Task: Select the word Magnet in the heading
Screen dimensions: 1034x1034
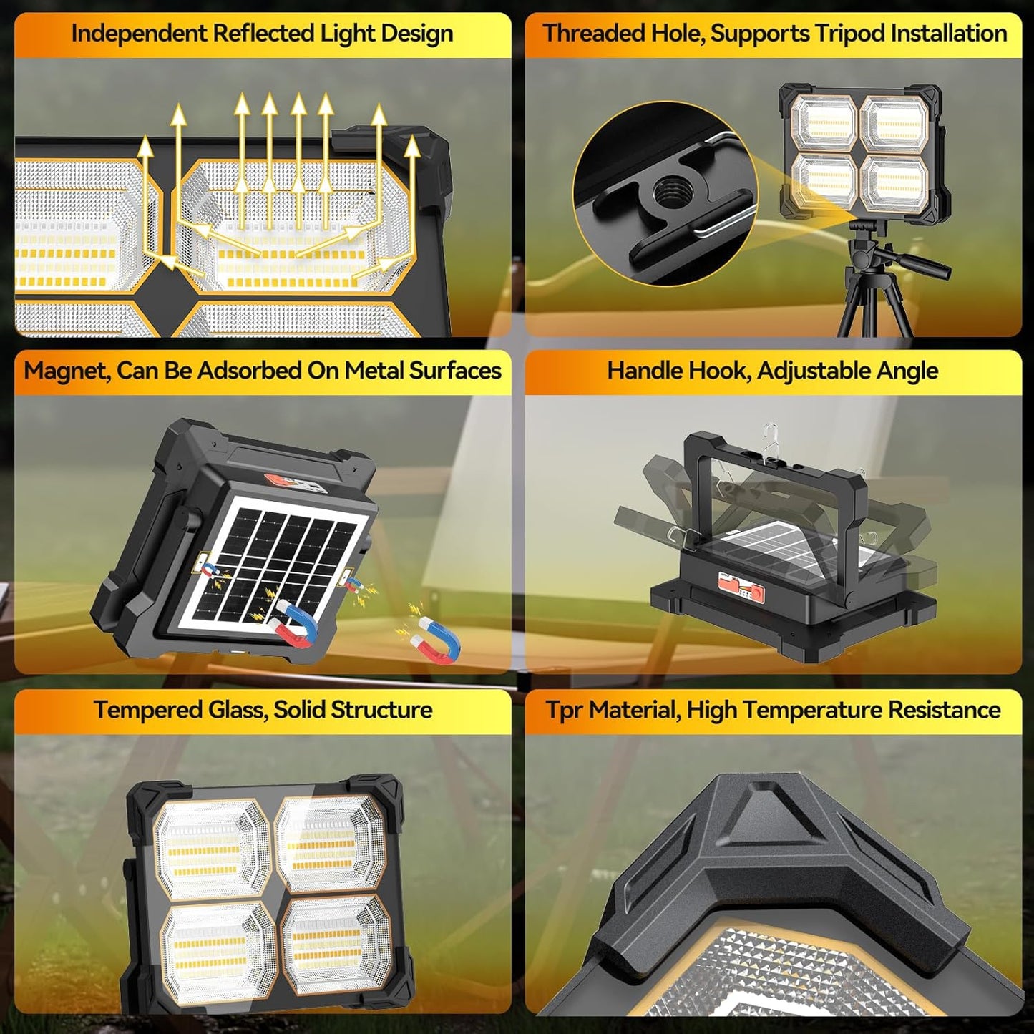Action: point(65,371)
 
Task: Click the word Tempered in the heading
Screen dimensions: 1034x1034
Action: point(147,710)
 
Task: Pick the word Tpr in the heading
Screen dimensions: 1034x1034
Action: point(563,710)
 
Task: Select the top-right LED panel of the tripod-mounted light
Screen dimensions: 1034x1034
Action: point(894,124)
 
